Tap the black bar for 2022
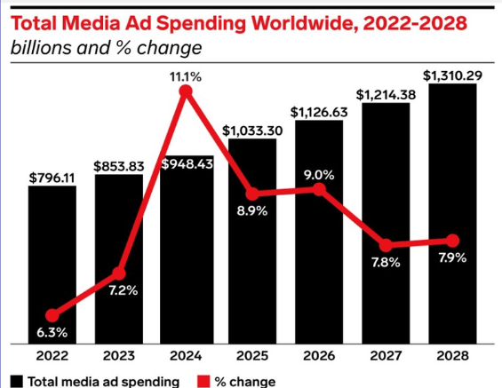52,257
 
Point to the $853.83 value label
118,166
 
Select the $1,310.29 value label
453,75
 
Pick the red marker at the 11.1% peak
186,91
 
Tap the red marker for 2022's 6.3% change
52,314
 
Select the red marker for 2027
386,244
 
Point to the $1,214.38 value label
386,93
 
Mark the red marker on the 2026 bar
319,189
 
